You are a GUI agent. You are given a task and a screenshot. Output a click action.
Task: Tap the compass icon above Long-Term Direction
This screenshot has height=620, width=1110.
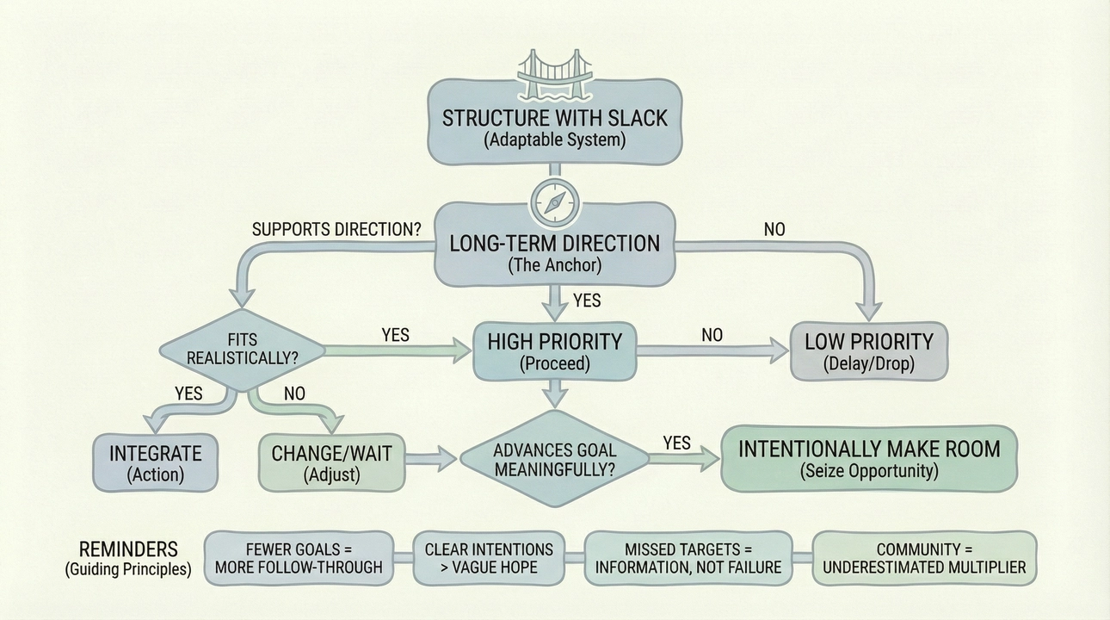click(554, 201)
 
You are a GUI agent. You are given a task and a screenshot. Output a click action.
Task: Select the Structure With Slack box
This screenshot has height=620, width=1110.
click(554, 126)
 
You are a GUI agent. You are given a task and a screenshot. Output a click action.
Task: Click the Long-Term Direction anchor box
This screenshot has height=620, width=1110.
click(554, 252)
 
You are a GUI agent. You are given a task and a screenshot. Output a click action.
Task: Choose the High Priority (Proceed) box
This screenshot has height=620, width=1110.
click(554, 350)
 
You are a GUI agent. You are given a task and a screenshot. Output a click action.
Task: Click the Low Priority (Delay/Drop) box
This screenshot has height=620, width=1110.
click(869, 350)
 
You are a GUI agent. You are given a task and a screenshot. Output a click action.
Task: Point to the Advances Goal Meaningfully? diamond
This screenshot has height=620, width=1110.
click(554, 460)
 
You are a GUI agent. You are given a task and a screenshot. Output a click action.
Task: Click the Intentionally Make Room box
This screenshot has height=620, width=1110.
click(869, 459)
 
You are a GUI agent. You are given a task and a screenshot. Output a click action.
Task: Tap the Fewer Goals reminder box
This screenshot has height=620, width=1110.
click(299, 558)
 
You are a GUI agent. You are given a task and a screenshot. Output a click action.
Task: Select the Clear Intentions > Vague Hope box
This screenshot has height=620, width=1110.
click(489, 558)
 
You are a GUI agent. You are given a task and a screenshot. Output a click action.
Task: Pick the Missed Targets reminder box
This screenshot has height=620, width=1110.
click(688, 558)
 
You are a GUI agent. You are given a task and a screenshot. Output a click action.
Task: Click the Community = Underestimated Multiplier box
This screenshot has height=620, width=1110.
click(924, 558)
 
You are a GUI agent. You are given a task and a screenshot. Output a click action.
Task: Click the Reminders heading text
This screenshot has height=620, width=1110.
click(128, 549)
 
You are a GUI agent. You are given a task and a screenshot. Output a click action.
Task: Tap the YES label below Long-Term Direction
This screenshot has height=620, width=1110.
click(586, 301)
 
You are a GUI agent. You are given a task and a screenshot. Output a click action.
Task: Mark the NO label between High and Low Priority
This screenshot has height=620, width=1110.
click(712, 335)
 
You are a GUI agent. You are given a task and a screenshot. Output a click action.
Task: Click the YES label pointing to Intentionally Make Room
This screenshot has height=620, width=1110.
click(676, 443)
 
